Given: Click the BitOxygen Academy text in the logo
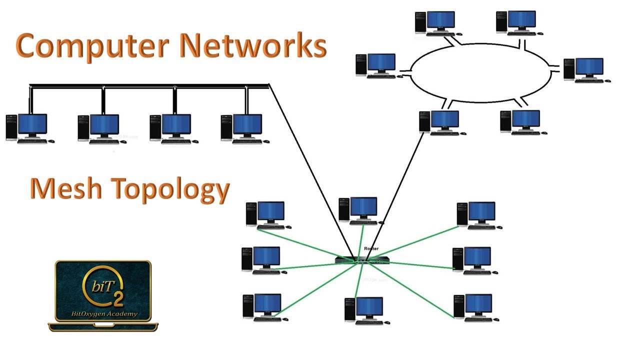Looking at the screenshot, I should [103, 314].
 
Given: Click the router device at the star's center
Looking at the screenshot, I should [362, 260].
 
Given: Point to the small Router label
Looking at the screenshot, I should [371, 248].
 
